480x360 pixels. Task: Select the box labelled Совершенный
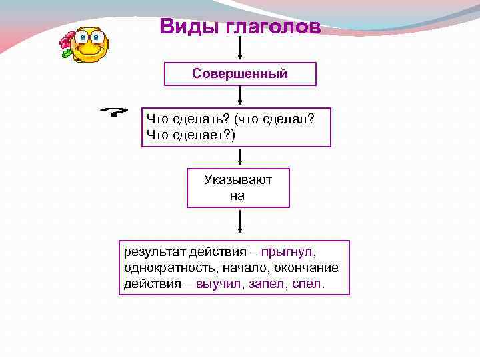[x=240, y=73]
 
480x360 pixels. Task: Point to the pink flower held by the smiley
[x=66, y=45]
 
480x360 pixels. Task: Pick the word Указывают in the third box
[x=238, y=180]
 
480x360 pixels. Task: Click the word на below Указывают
[x=238, y=196]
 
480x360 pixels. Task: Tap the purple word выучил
[x=223, y=283]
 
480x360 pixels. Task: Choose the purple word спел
[x=311, y=283]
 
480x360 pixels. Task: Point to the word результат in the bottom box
[x=152, y=253]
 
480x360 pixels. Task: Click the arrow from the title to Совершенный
[x=240, y=50]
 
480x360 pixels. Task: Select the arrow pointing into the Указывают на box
[x=240, y=158]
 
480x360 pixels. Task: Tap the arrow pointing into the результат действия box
[x=240, y=223]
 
